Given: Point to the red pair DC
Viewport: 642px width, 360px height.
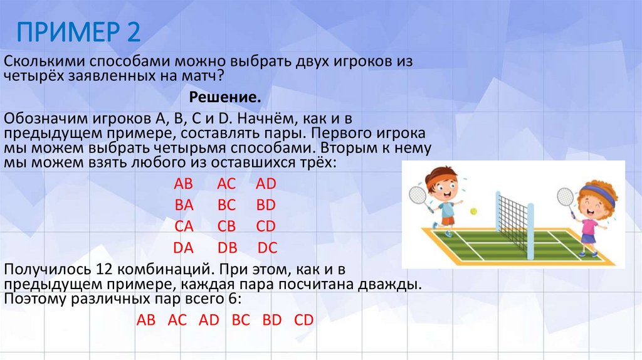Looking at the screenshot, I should pos(268,248).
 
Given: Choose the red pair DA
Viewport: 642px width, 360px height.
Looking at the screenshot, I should pos(183,248).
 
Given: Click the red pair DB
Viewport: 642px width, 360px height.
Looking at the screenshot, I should pos(226,248).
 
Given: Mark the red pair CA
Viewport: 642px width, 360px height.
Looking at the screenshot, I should pos(183,226).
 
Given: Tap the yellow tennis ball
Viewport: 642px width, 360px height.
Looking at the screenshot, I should pos(474,211).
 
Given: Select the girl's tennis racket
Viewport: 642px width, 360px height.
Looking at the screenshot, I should pos(566,197).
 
